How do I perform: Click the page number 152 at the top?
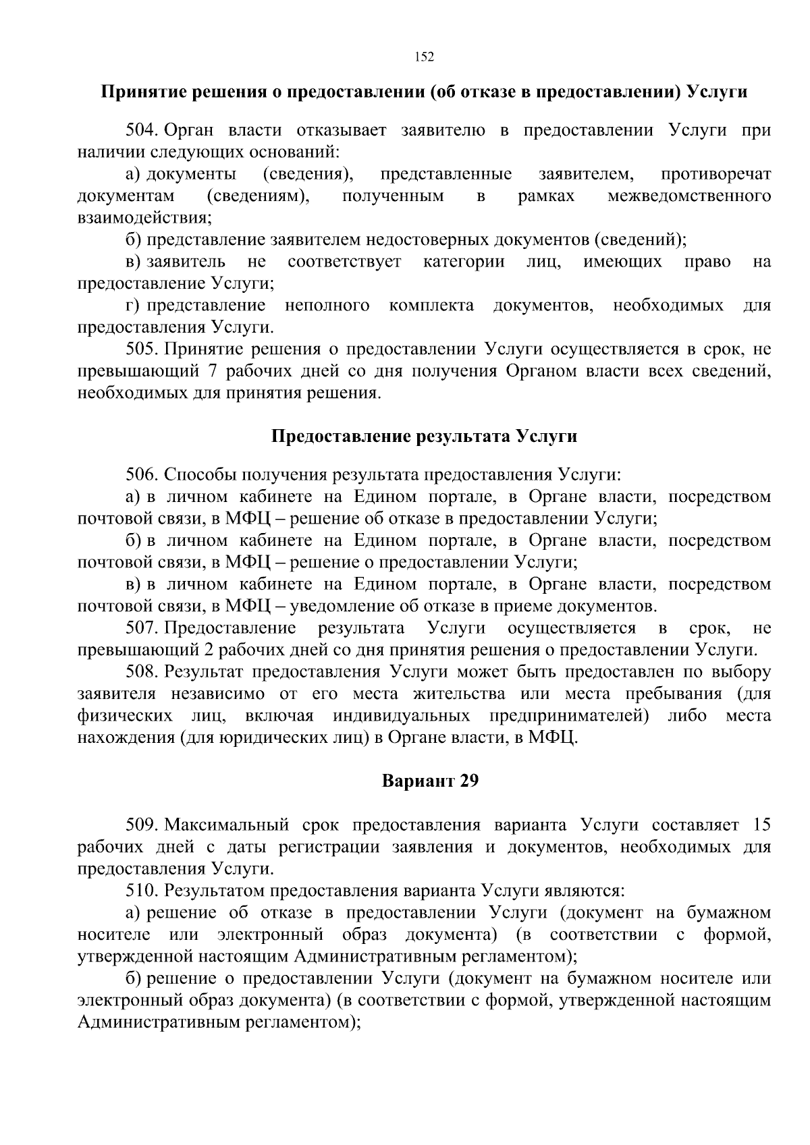(x=423, y=57)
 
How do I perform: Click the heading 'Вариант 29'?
(x=430, y=781)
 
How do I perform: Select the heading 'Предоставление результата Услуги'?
(x=424, y=437)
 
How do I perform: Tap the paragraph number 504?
(x=142, y=130)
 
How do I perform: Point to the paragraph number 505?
(x=142, y=349)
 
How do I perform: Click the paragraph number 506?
(x=142, y=475)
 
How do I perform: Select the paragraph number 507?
(x=142, y=628)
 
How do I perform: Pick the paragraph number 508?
(x=142, y=672)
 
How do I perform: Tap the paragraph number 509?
(x=142, y=825)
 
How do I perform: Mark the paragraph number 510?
(x=142, y=891)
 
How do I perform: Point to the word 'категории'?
(x=463, y=262)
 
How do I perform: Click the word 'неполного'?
(x=327, y=306)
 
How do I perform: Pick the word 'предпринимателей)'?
(x=569, y=716)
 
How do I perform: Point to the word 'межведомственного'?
(x=689, y=196)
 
